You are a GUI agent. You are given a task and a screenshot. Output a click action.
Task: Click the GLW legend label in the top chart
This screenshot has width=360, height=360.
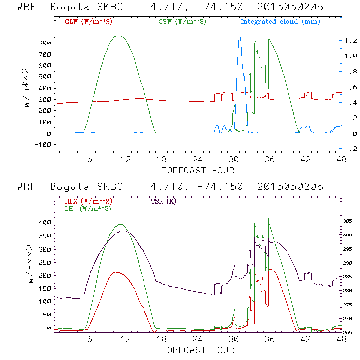point(87,22)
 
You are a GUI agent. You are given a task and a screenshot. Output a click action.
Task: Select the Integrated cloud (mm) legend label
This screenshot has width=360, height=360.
point(280,22)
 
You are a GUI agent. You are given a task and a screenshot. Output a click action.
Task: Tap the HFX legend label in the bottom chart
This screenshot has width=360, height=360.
point(87,201)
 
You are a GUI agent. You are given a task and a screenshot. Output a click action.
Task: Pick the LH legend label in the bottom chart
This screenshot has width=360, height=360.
point(87,208)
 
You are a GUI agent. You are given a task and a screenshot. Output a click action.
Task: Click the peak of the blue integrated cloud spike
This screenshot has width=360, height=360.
point(239,36)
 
